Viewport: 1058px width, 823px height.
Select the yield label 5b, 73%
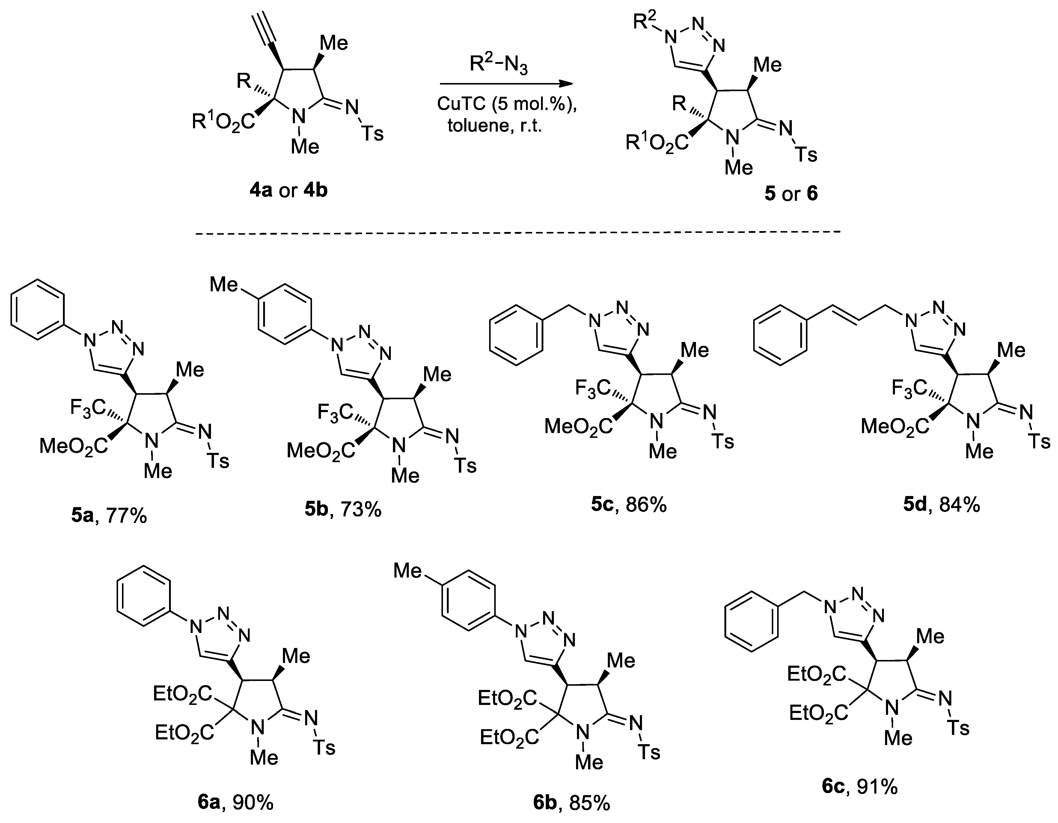pos(343,509)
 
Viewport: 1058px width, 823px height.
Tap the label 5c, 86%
pos(628,505)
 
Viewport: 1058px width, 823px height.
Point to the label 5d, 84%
pos(941,505)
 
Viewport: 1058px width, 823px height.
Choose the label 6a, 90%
pos(236,803)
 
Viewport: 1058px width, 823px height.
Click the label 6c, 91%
pos(859,787)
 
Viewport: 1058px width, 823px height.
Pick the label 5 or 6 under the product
pos(791,194)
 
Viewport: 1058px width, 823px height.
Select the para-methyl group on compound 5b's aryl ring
pos(224,284)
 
